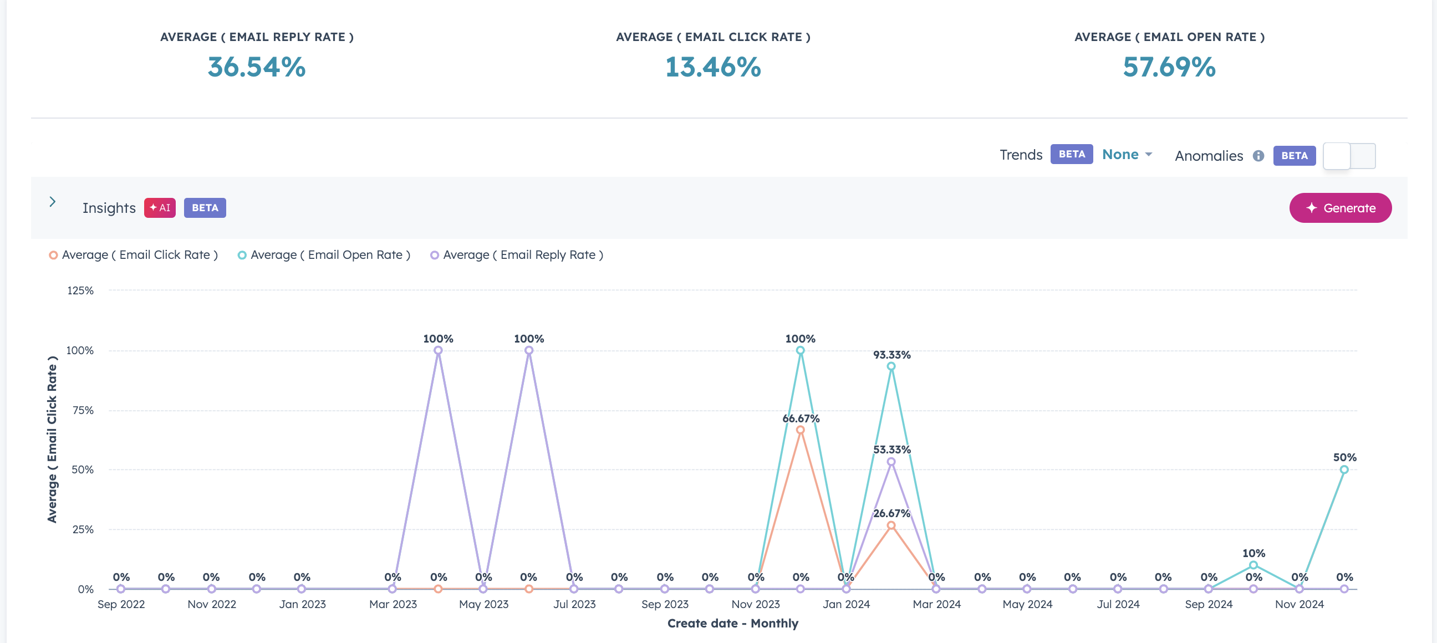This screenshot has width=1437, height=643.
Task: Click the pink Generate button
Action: [1340, 208]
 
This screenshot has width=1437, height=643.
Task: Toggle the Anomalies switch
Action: [1349, 156]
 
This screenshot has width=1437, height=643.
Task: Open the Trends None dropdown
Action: [1127, 155]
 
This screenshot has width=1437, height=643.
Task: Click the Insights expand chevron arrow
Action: [53, 202]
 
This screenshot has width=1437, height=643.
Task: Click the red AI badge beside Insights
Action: [160, 208]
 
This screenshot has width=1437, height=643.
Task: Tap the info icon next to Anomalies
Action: [1258, 156]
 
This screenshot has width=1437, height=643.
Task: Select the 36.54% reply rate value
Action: [257, 67]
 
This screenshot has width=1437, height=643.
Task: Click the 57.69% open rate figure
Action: [1169, 67]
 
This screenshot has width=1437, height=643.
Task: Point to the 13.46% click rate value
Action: [712, 67]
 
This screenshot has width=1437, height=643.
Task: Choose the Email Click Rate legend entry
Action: [133, 255]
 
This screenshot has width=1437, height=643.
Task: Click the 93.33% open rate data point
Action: [891, 366]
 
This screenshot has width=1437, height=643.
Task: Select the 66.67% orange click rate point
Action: [800, 430]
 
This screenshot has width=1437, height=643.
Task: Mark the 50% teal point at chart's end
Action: [1344, 470]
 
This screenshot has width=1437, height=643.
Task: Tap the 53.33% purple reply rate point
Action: [891, 462]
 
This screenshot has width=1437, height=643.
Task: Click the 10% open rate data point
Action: [1253, 565]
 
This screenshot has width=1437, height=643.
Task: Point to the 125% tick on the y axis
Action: [80, 290]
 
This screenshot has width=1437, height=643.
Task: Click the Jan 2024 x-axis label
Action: [845, 604]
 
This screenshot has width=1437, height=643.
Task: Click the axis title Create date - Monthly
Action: [732, 623]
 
